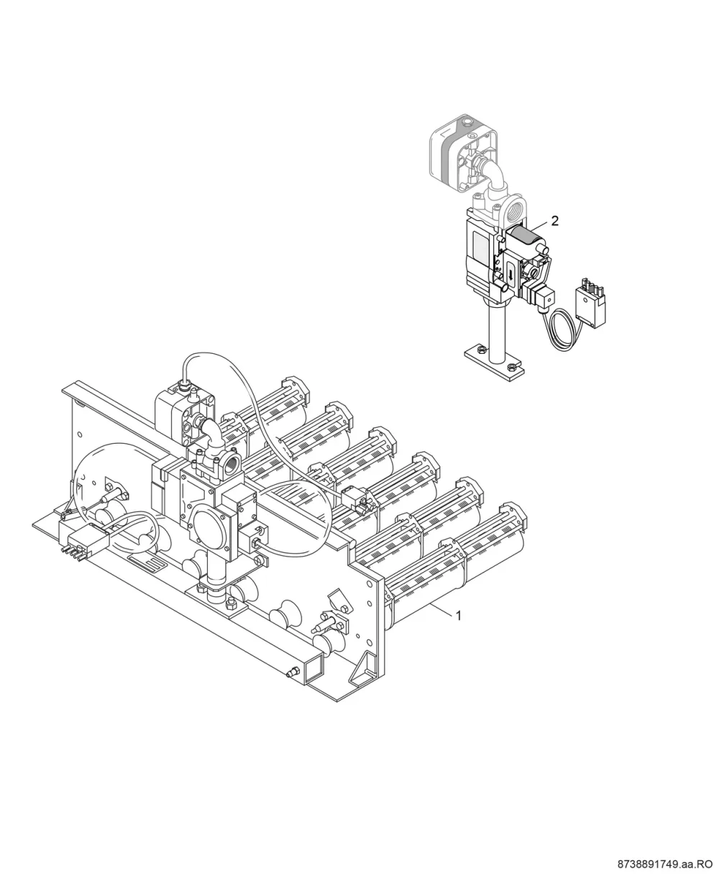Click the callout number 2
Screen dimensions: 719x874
pyautogui.click(x=554, y=221)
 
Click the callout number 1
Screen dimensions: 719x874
pyautogui.click(x=459, y=616)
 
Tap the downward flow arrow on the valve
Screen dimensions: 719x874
pyautogui.click(x=510, y=274)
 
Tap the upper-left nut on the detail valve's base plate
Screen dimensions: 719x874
pyautogui.click(x=481, y=349)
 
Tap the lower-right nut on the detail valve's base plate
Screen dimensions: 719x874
pyautogui.click(x=513, y=366)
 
